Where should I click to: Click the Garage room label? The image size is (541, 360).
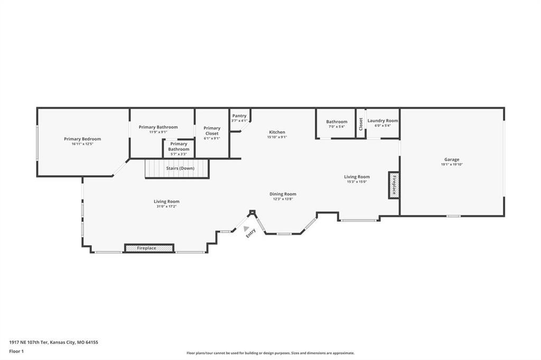(452, 159)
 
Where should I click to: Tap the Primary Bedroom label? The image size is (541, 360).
(82, 139)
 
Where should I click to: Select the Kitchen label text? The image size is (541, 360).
(277, 132)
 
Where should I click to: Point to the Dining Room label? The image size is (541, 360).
(283, 194)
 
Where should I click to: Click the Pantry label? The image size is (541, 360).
(239, 116)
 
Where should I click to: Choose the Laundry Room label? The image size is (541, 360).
(383, 121)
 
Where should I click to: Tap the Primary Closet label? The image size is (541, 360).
(212, 131)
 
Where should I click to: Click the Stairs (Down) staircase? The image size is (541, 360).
(177, 168)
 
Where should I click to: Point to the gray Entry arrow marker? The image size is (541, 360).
(246, 229)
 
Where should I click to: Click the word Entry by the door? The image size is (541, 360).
(251, 233)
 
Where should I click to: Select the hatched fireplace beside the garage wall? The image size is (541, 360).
(394, 185)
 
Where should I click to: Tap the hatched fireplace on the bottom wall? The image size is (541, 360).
(149, 248)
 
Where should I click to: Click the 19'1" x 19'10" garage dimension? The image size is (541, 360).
(452, 165)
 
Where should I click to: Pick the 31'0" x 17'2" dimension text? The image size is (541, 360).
(166, 206)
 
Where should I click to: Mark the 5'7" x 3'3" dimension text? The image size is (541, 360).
(179, 154)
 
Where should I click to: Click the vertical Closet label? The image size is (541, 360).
(361, 124)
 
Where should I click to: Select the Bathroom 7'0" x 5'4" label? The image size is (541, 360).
(337, 124)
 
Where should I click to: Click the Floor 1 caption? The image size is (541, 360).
(16, 352)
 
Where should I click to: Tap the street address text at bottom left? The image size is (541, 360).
(53, 343)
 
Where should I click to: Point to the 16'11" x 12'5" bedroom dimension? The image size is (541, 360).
(82, 144)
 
